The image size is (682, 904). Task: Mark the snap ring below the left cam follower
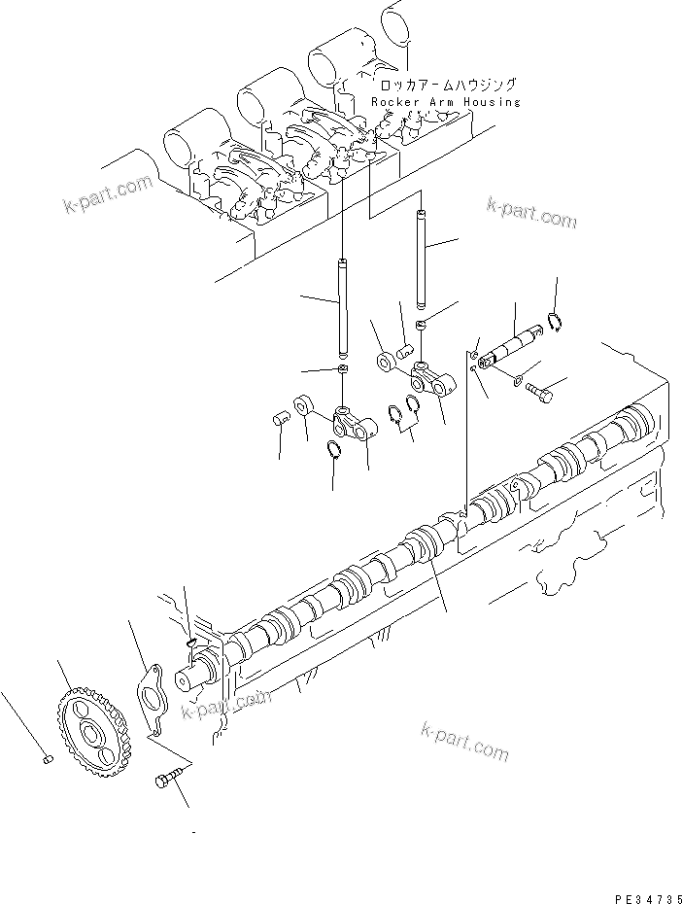click(331, 449)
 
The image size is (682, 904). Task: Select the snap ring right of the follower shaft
click(553, 324)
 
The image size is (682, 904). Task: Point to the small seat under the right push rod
click(420, 324)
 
